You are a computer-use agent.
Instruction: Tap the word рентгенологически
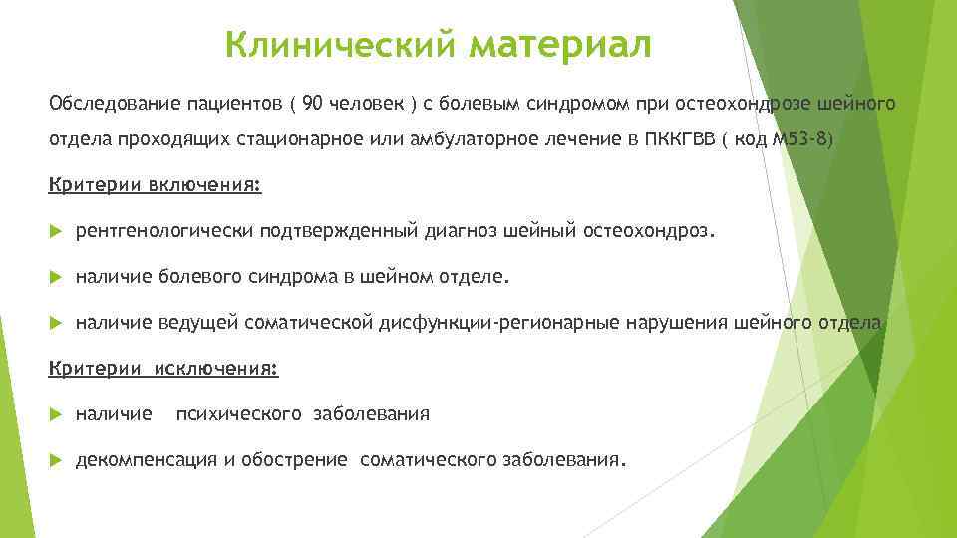[164, 232]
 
